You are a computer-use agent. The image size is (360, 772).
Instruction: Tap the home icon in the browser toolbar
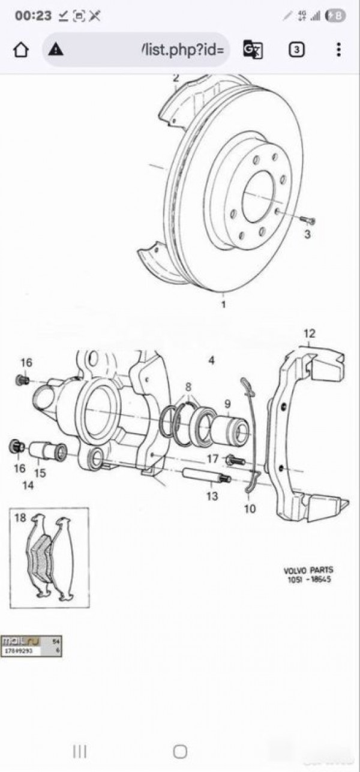tap(21, 50)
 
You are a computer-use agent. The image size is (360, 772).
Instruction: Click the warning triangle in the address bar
tap(56, 50)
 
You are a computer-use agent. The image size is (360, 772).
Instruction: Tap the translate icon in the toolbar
tap(252, 50)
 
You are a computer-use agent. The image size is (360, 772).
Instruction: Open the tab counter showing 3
tap(296, 50)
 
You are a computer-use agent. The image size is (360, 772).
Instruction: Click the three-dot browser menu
tap(339, 50)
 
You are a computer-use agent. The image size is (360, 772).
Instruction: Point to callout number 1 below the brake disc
tap(224, 305)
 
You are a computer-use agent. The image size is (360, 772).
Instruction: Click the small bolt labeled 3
tap(308, 221)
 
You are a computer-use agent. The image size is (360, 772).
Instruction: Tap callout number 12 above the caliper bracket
tap(308, 334)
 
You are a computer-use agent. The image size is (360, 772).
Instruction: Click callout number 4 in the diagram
tap(211, 360)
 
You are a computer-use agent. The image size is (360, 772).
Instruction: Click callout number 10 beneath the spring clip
tap(250, 509)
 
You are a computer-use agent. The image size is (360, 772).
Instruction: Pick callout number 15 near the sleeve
tap(40, 473)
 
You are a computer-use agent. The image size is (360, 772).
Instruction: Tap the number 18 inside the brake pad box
tap(20, 518)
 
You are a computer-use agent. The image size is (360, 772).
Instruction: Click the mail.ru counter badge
tap(31, 645)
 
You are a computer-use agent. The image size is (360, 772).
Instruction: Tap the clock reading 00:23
tap(34, 16)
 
